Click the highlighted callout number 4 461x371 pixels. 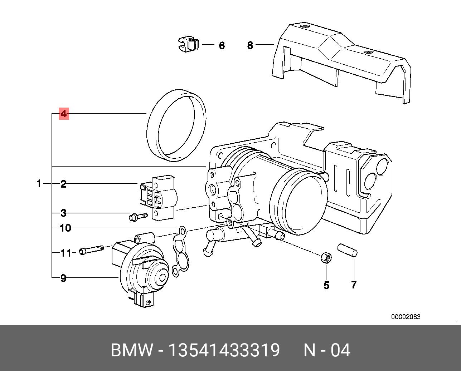[64, 114]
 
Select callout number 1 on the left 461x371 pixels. [39, 184]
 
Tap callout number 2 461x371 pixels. [63, 184]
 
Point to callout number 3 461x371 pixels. [63, 213]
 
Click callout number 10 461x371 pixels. [65, 228]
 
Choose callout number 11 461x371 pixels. [66, 253]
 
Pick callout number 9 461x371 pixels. [63, 278]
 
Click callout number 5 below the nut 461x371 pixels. [326, 285]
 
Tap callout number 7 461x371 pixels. [354, 285]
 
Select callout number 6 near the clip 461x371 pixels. [222, 46]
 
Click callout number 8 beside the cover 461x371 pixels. [250, 45]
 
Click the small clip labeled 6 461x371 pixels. [188, 46]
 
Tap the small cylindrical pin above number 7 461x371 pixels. [347, 249]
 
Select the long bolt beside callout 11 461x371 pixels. [92, 250]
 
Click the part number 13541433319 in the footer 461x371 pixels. [224, 350]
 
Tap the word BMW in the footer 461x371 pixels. [132, 350]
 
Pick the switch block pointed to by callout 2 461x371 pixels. [159, 198]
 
